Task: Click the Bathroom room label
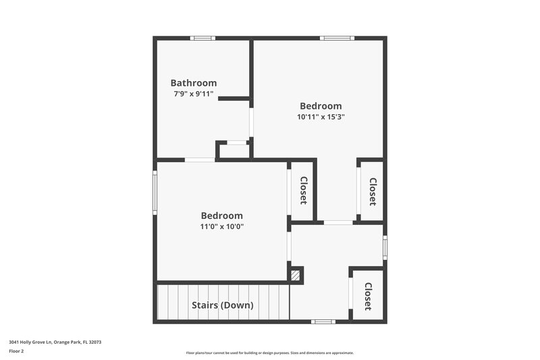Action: tap(193, 83)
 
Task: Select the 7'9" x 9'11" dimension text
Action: tap(193, 94)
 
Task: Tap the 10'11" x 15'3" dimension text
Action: tap(321, 116)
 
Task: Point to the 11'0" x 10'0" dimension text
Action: tap(221, 226)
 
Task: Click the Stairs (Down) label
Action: tap(222, 305)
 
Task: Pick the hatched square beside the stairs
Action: tap(295, 275)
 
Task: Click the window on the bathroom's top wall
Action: tap(202, 38)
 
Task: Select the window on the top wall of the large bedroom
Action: tap(337, 38)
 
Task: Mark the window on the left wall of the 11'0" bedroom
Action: tap(155, 192)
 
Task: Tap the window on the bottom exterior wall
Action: tap(323, 322)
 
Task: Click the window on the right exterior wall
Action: tap(385, 247)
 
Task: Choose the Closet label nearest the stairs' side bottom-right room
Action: tap(368, 296)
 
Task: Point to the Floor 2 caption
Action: tap(16, 351)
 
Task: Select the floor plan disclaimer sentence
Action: tap(269, 353)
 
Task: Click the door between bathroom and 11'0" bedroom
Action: tap(200, 159)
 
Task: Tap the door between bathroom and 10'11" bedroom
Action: tap(251, 122)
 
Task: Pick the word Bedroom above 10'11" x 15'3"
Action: tap(321, 106)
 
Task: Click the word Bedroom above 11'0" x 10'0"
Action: tap(221, 215)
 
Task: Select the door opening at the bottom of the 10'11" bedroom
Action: tap(338, 222)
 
